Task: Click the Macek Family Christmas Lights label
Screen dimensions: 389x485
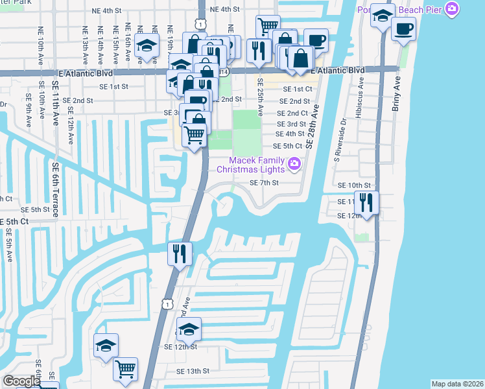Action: coord(254,165)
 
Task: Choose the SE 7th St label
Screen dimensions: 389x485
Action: coord(264,183)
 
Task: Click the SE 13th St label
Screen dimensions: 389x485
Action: coord(193,371)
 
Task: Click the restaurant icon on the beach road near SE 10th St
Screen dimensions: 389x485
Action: coord(367,202)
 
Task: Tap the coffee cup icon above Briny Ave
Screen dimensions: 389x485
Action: coord(403,29)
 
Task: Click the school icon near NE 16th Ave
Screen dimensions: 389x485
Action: coord(147,46)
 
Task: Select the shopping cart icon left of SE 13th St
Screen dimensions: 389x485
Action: coord(126,369)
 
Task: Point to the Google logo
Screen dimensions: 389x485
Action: coord(21,382)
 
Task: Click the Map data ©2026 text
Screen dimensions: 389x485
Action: coord(457,384)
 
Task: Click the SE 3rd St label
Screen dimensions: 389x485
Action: coord(291,124)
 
